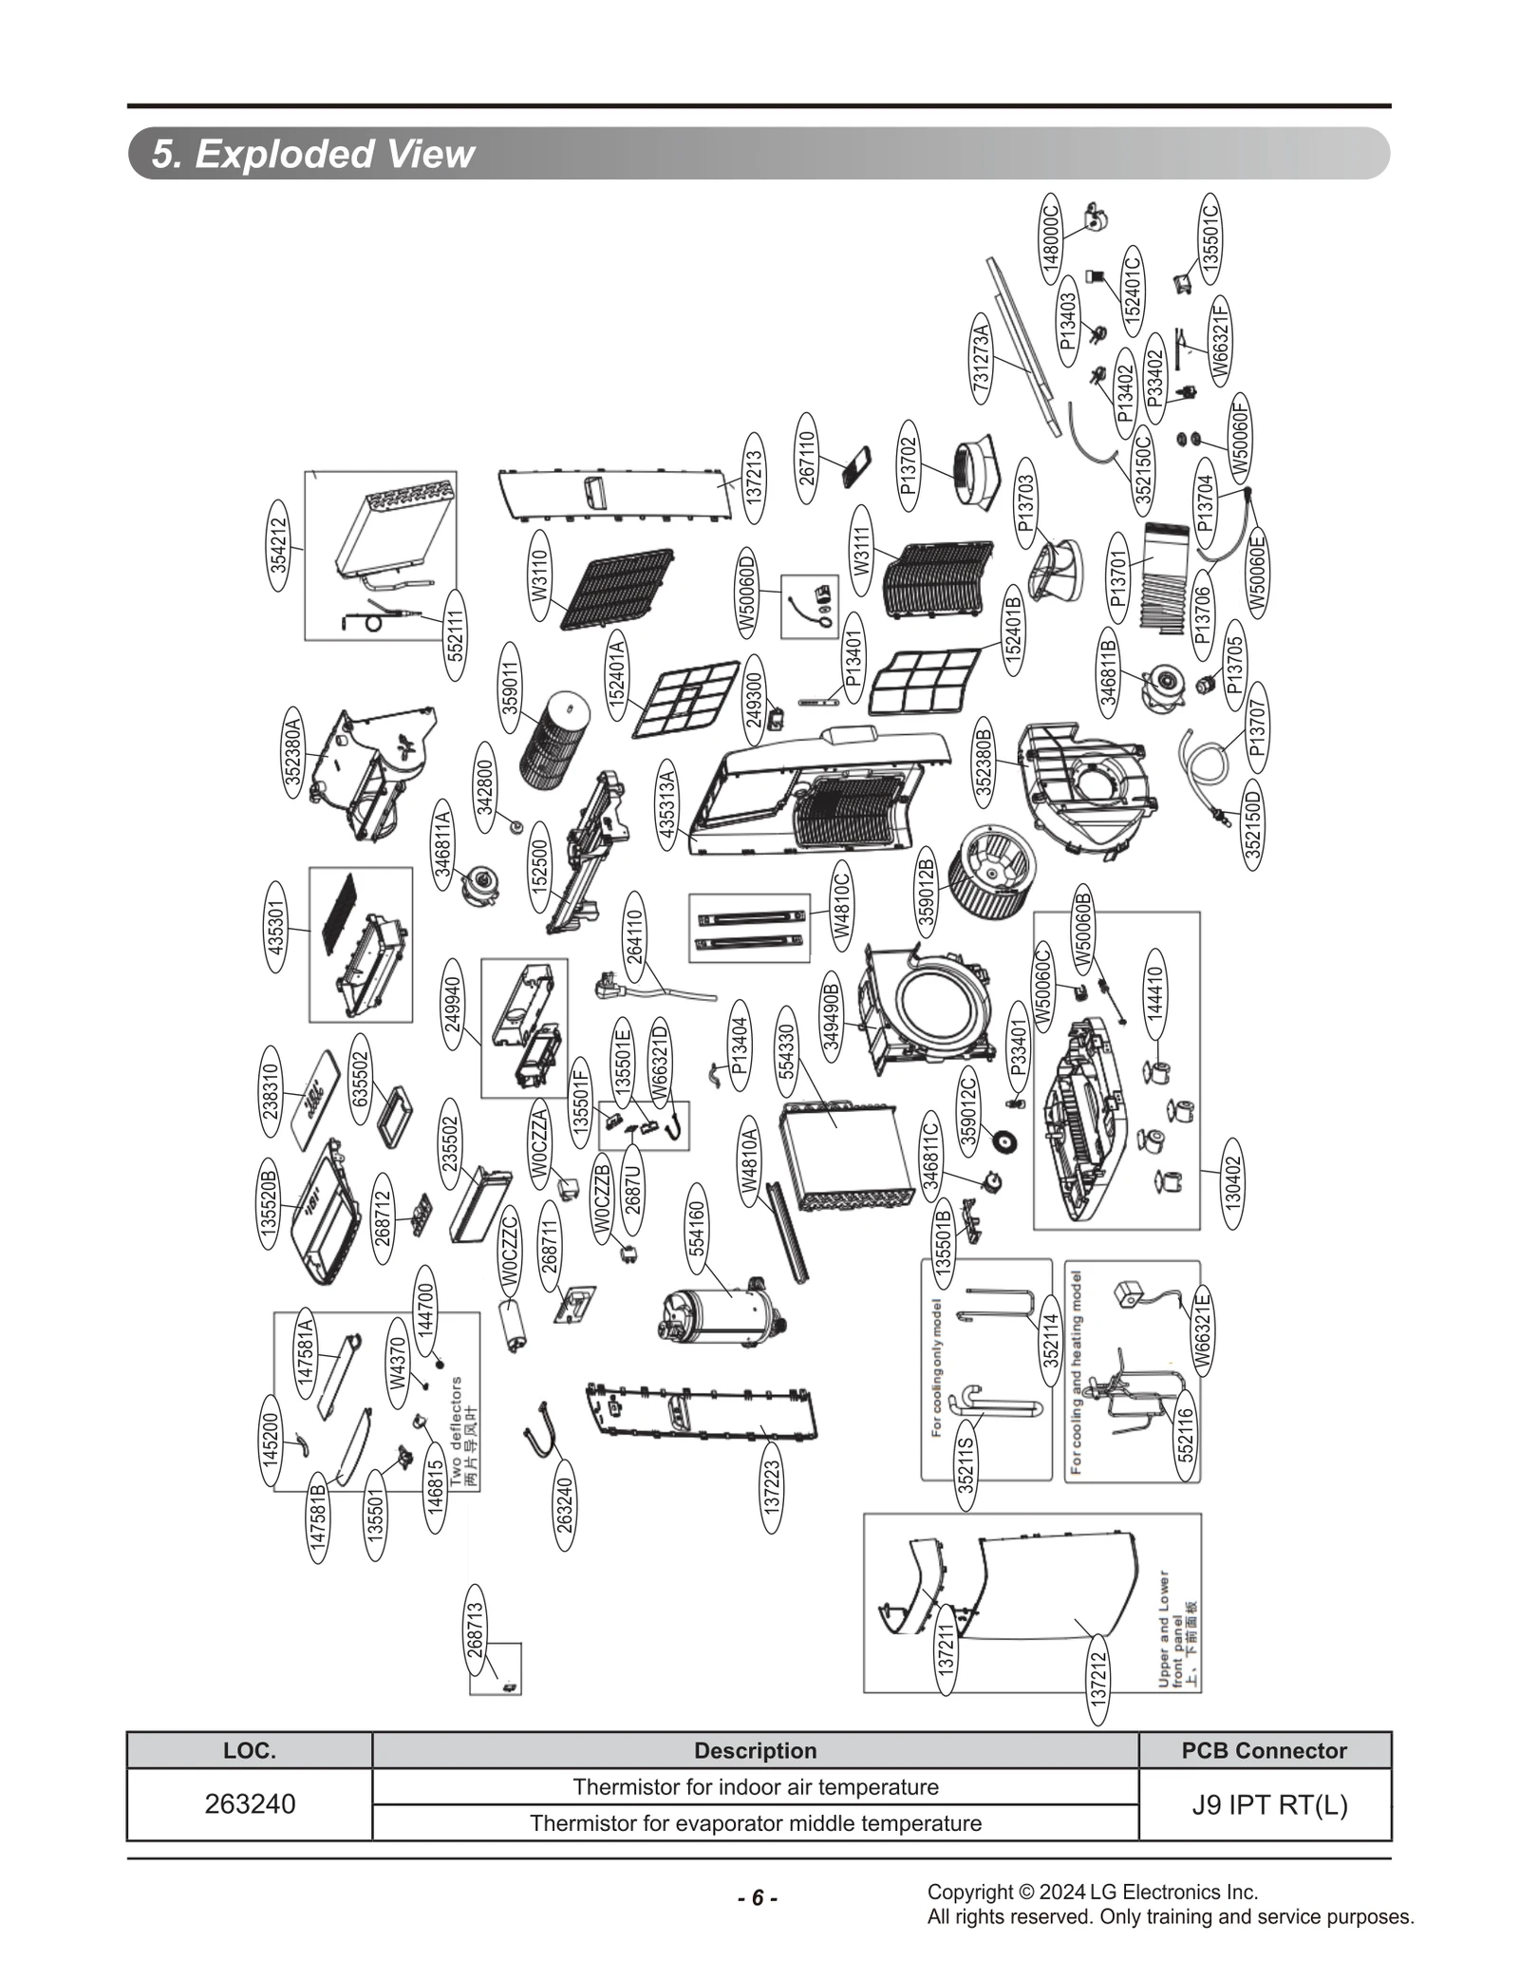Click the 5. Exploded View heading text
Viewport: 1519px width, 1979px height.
click(x=312, y=154)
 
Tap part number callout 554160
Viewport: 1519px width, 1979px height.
click(x=698, y=1229)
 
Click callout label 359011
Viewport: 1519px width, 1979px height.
click(x=510, y=688)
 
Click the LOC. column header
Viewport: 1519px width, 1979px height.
click(x=250, y=1750)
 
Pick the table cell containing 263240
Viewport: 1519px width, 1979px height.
click(x=250, y=1803)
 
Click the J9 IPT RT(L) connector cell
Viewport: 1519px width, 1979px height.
click(x=1268, y=1803)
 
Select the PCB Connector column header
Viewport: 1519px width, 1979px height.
click(x=1264, y=1750)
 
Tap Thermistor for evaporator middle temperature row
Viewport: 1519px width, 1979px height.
click(x=755, y=1822)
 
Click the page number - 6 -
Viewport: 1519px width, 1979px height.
click(x=758, y=1897)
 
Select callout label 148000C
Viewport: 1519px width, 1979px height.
click(x=1050, y=238)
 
